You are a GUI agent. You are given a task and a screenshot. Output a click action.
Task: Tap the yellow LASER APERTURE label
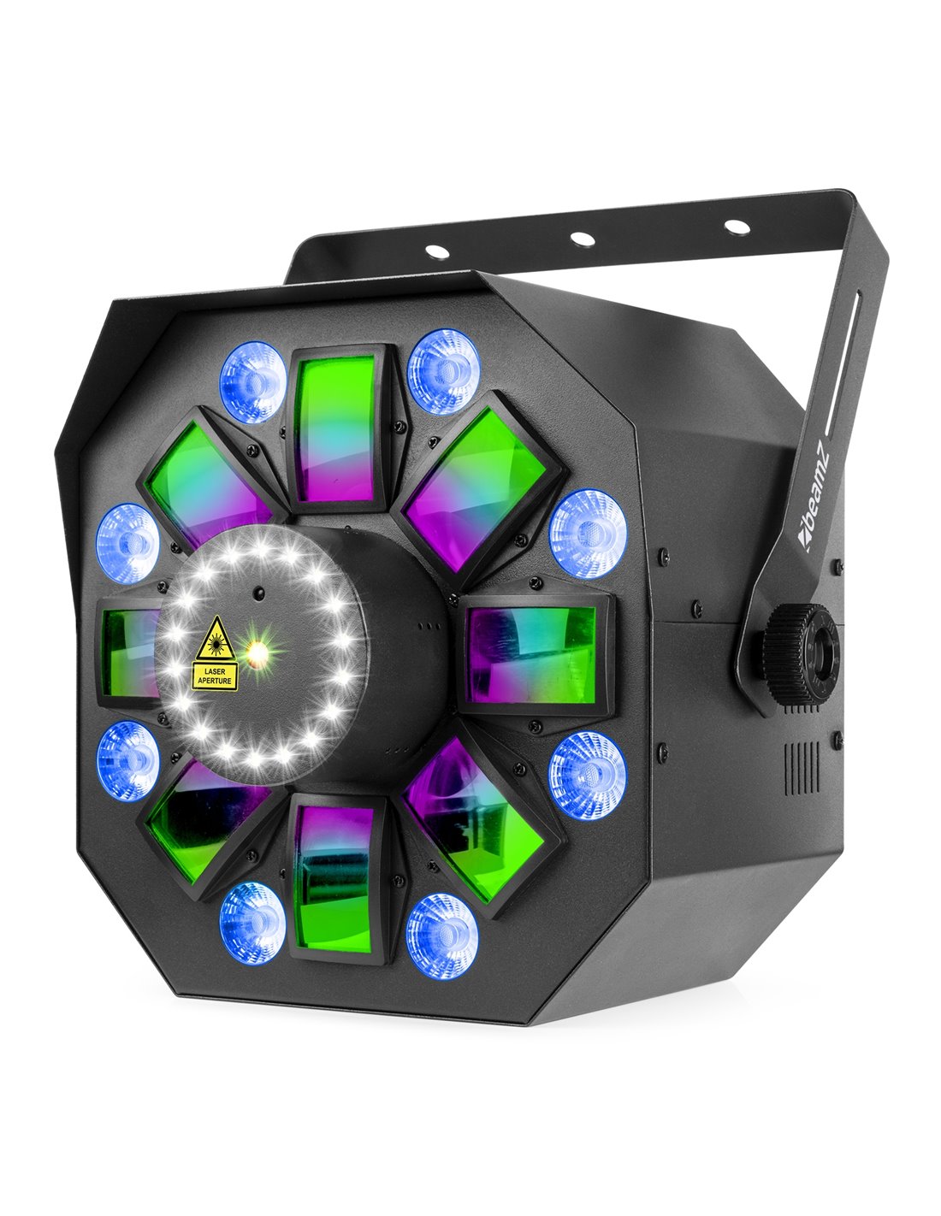[x=215, y=676]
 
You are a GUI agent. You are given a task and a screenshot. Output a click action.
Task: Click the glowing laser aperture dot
[x=257, y=651]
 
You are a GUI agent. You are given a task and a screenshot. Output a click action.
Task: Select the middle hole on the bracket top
[x=583, y=239]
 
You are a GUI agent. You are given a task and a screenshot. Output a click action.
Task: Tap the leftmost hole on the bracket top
[x=437, y=251]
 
